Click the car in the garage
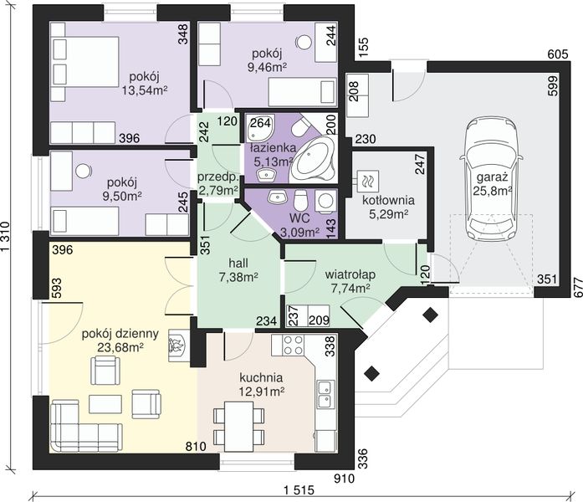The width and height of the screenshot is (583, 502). pyautogui.click(x=491, y=179)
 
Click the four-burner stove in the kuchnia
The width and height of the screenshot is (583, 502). pyautogui.click(x=293, y=346)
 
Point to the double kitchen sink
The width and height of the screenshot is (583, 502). pyautogui.click(x=325, y=394)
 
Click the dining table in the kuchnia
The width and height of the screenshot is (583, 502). pyautogui.click(x=238, y=422)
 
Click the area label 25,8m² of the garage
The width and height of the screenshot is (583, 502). pyautogui.click(x=493, y=191)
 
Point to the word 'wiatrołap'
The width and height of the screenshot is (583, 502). pyautogui.click(x=350, y=274)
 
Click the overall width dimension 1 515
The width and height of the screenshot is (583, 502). pyautogui.click(x=299, y=490)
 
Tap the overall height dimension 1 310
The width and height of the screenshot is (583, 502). pyautogui.click(x=5, y=237)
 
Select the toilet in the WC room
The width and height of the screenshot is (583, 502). pyautogui.click(x=300, y=201)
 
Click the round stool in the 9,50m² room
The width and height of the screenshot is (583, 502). pyautogui.click(x=83, y=171)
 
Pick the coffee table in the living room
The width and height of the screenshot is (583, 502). pyautogui.click(x=105, y=404)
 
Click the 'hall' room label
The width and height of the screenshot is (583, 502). pyautogui.click(x=238, y=264)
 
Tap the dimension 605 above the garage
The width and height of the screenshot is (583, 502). pyautogui.click(x=558, y=54)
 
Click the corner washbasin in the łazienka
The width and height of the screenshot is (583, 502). pyautogui.click(x=260, y=127)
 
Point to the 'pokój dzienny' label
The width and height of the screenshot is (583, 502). pyautogui.click(x=120, y=334)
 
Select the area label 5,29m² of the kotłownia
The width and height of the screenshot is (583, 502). pyautogui.click(x=389, y=214)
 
